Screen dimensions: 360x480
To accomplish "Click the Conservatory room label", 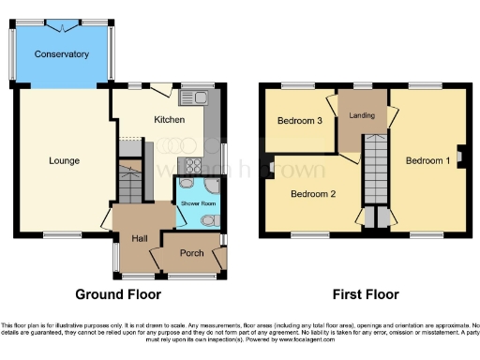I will tap(62, 54).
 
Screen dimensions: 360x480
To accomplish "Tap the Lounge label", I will tap(65, 160).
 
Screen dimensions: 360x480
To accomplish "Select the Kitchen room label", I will tap(169, 120).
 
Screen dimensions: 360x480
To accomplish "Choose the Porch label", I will tap(191, 253).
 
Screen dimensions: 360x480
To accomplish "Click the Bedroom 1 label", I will tap(427, 160).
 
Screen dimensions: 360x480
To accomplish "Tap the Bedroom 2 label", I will tap(312, 194).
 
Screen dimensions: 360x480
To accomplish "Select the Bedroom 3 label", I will tap(300, 121).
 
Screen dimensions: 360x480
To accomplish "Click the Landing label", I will tap(362, 116).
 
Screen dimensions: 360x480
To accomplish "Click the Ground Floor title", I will tap(117, 294).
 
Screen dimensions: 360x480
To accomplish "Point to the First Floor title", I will tap(361, 294).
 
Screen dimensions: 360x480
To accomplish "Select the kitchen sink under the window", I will tap(198, 97).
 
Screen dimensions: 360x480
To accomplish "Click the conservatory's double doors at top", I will tap(62, 21).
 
